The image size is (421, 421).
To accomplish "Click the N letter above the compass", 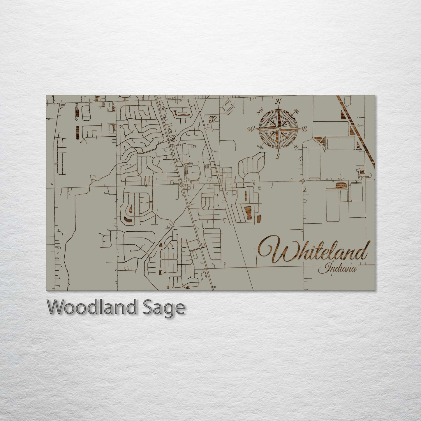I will pyautogui.click(x=279, y=101).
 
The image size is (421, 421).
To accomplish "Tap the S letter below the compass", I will pyautogui.click(x=278, y=156).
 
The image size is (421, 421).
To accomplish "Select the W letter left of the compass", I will pyautogui.click(x=251, y=129).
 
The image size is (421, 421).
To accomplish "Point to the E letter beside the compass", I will pyautogui.click(x=304, y=129).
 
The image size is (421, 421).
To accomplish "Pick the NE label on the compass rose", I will pyautogui.click(x=297, y=111).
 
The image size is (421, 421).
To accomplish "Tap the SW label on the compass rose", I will pyautogui.click(x=260, y=147).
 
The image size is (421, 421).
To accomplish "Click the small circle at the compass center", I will pyautogui.click(x=278, y=129).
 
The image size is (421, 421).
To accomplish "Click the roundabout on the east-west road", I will pyautogui.click(x=304, y=181).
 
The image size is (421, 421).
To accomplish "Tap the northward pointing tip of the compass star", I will pyautogui.click(x=278, y=108).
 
